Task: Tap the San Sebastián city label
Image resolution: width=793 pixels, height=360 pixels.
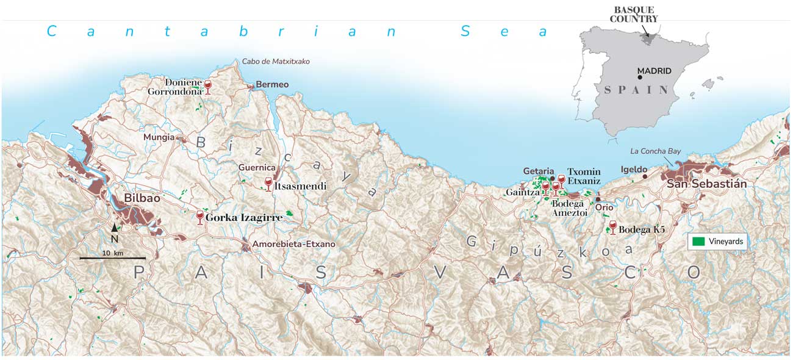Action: pos(706,184)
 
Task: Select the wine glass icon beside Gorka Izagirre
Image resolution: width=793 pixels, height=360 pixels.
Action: pos(199,217)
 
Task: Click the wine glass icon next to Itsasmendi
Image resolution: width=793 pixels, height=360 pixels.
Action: pos(268,184)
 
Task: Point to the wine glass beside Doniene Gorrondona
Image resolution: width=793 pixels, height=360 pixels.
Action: pos(207,87)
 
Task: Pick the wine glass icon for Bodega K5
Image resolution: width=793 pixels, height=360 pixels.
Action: pos(612,228)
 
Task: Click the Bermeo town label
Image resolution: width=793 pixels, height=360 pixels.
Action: pos(272,85)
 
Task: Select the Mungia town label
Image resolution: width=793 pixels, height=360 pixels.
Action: pos(159,137)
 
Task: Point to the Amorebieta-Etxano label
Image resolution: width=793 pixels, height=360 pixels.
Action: pos(294,244)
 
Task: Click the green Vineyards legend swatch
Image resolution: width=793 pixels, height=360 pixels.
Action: pos(697,242)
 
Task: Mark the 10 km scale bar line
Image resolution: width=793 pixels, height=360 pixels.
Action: pos(112,259)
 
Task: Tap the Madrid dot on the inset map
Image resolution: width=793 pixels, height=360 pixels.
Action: pos(638,79)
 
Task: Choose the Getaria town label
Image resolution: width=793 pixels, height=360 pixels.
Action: pos(538,171)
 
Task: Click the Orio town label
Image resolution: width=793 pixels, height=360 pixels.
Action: pos(604,207)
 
